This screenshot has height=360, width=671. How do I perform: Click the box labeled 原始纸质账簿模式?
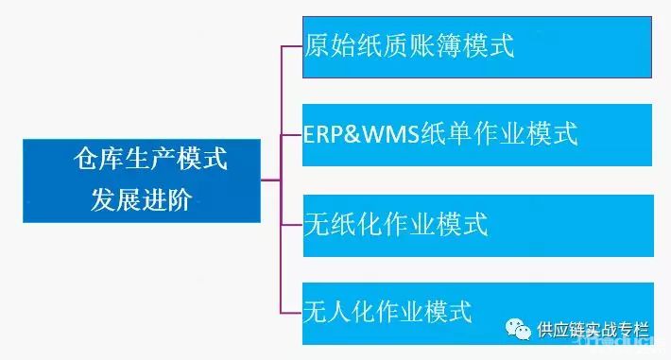[476, 46]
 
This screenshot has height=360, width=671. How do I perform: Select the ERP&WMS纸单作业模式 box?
[476, 134]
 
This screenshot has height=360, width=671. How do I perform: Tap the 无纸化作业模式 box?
[476, 225]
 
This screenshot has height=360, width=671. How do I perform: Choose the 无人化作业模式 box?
[476, 311]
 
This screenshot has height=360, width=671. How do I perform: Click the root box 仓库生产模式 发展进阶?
[143, 180]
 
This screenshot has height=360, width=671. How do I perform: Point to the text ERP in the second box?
[323, 134]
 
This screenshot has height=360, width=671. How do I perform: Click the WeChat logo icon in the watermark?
[517, 330]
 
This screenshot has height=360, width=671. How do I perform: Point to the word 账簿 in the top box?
[443, 46]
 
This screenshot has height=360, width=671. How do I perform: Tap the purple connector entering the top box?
[292, 46]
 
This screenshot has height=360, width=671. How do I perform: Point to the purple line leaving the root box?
[271, 179]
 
